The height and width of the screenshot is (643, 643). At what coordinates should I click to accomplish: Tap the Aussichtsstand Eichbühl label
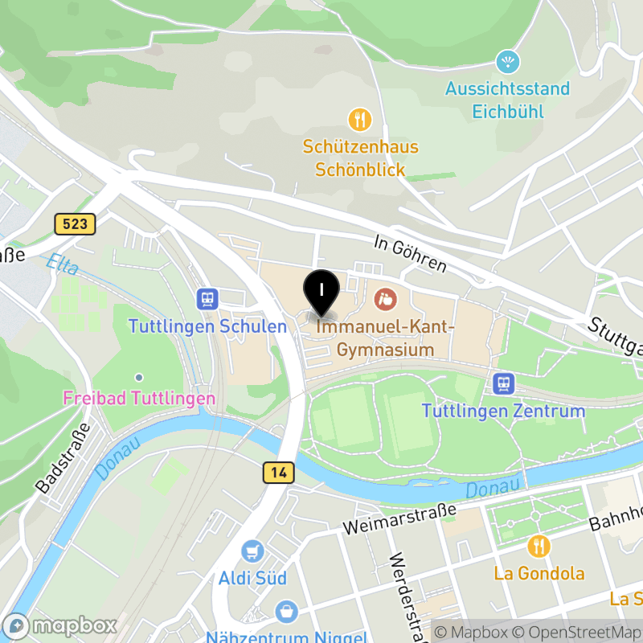click(508, 99)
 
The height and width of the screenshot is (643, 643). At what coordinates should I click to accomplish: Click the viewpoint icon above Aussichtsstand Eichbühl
click(508, 61)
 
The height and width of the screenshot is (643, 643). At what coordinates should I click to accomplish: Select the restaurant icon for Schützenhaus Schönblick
click(359, 120)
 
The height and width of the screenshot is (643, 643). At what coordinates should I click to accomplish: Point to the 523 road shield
click(76, 224)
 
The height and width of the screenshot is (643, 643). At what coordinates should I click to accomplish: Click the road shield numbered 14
click(278, 473)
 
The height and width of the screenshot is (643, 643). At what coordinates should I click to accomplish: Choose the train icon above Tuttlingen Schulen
click(207, 300)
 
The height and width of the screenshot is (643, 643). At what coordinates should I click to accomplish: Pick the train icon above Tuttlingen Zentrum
click(504, 383)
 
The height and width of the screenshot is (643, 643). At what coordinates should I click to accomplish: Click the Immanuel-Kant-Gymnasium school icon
click(385, 300)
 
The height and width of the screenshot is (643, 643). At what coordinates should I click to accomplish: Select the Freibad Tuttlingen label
click(139, 398)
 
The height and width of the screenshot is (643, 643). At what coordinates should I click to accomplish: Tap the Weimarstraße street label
click(399, 518)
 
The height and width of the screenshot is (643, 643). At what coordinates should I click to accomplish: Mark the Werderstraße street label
click(405, 595)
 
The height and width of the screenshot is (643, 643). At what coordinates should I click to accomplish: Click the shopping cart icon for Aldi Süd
click(252, 551)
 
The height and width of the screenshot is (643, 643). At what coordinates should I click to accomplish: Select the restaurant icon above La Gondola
click(539, 547)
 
